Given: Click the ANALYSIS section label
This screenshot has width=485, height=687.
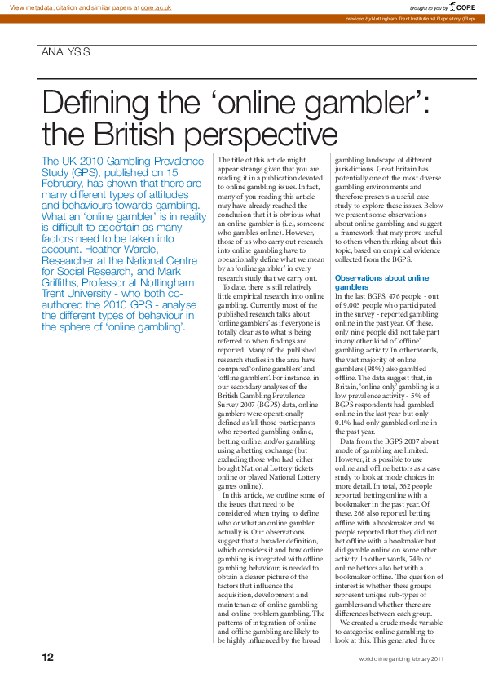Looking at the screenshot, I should tap(65, 52).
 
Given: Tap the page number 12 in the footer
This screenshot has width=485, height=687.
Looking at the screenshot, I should tap(48, 658).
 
